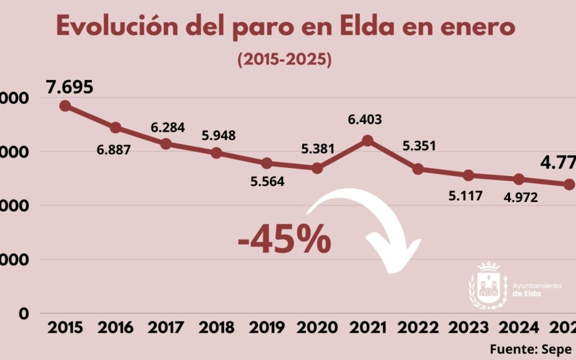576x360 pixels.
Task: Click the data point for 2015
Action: pos(65,106)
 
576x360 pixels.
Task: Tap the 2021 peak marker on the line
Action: pos(367,140)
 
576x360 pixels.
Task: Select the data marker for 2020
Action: pos(317,168)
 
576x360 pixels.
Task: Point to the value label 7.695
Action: pos(70,87)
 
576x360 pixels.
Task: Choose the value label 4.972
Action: pos(520,197)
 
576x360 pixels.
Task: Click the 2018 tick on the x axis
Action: pos(216,327)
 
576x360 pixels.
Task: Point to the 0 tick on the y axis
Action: pos(24,314)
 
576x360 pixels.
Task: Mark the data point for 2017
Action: pos(166,143)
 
